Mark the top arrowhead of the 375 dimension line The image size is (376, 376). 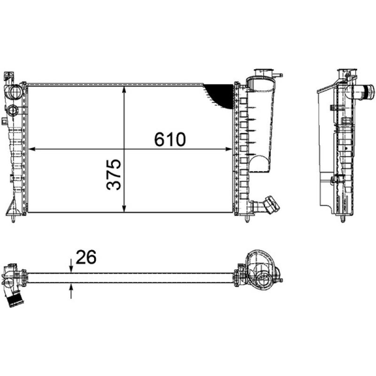click(x=124, y=90)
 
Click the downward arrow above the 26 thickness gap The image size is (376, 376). click(x=71, y=268)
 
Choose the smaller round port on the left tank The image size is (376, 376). click(x=13, y=111)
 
